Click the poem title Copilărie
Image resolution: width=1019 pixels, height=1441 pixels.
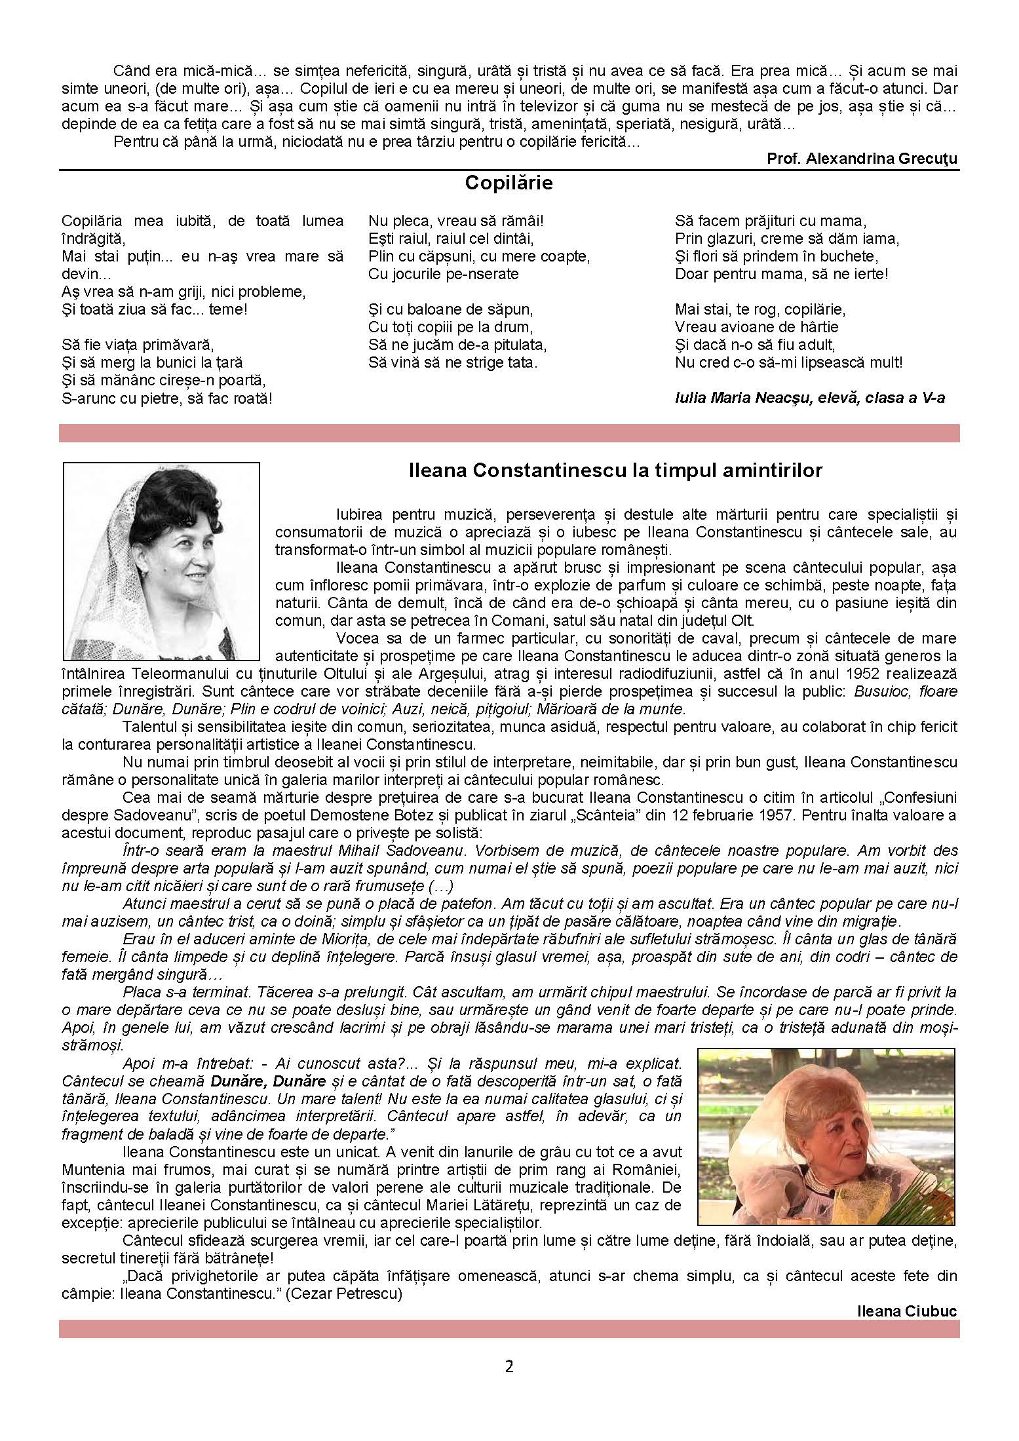(x=509, y=183)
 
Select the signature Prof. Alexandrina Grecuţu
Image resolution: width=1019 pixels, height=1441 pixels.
(x=862, y=159)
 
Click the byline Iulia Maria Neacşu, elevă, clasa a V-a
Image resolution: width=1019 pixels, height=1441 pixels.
(x=810, y=398)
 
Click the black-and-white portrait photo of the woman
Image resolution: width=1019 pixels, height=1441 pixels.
(x=161, y=561)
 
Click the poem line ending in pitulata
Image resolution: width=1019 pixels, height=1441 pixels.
(x=457, y=344)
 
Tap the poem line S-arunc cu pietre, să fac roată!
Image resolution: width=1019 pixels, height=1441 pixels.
(x=167, y=398)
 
